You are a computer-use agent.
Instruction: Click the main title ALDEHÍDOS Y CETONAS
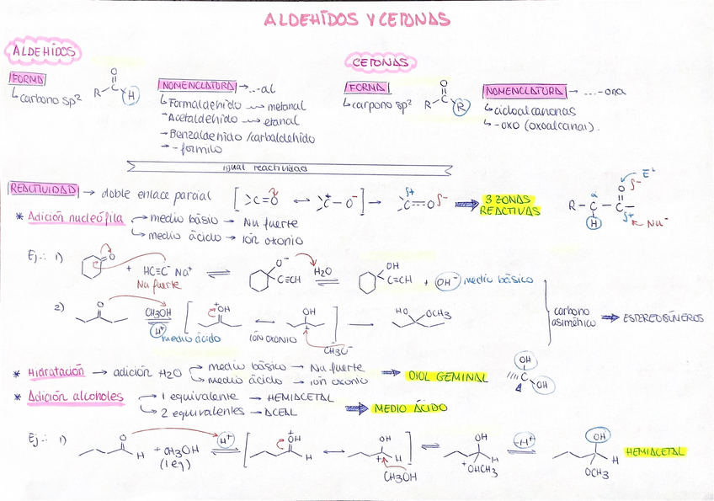[x=357, y=19]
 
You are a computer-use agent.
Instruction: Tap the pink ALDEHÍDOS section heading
[x=43, y=52]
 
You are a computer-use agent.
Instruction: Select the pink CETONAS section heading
[x=380, y=62]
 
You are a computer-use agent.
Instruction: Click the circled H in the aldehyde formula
[x=130, y=97]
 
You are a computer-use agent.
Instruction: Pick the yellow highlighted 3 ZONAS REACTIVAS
[x=509, y=205]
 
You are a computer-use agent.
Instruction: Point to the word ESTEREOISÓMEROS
[x=663, y=318]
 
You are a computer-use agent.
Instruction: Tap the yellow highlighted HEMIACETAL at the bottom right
[x=655, y=452]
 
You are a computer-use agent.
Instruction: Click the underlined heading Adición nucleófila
[x=76, y=218]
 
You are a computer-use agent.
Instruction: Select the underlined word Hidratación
[x=56, y=371]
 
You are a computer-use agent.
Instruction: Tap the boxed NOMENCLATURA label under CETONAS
[x=522, y=91]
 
